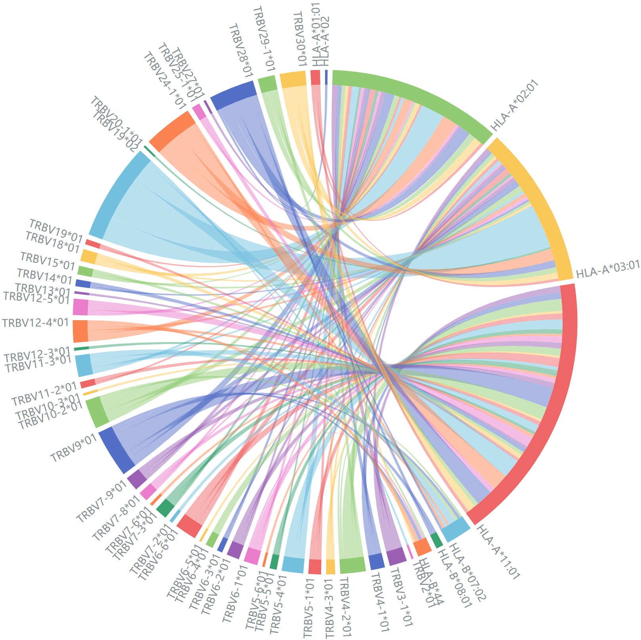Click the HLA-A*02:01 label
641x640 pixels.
[515, 105]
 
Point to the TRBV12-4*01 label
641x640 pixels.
[36, 323]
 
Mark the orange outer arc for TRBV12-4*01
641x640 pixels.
[80, 331]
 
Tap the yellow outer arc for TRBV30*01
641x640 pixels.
[293, 79]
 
